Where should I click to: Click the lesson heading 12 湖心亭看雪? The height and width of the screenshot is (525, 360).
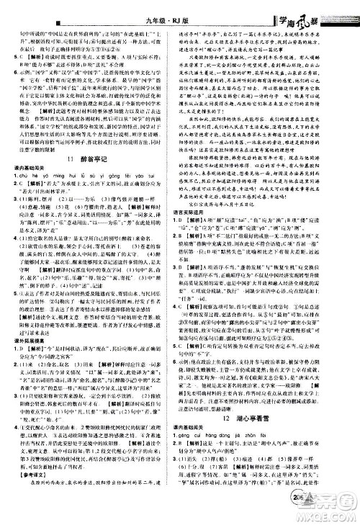point(270,398)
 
